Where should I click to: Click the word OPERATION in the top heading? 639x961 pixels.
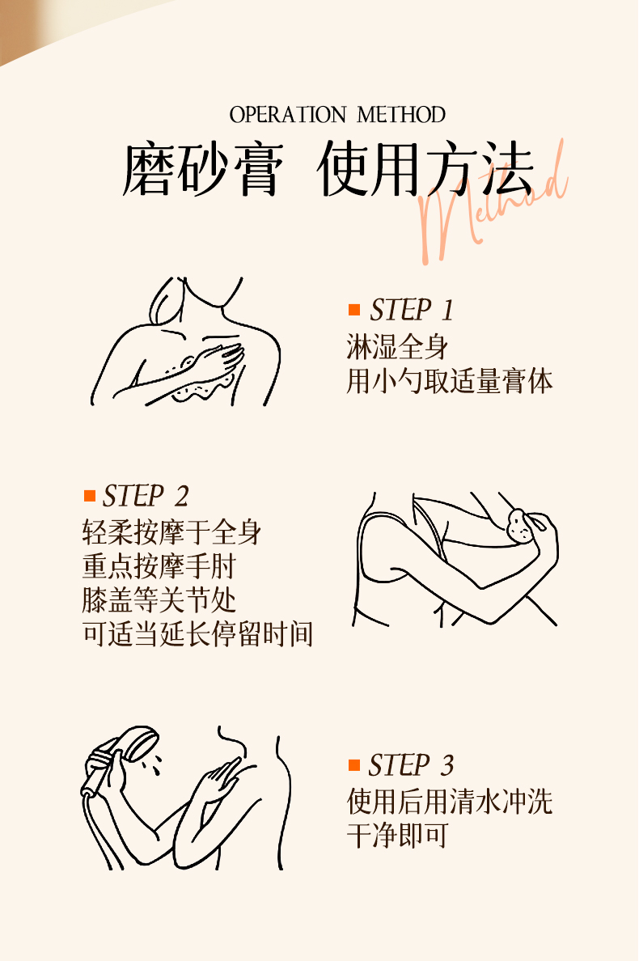tap(288, 115)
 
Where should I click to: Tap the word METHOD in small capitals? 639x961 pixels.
tap(401, 115)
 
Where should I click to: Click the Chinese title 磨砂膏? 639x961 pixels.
tap(203, 170)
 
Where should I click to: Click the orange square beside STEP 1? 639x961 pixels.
tap(354, 310)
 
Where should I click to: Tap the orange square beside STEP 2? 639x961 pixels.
tap(90, 495)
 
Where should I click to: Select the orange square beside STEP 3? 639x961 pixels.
tap(354, 765)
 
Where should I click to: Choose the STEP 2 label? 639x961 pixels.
tap(146, 496)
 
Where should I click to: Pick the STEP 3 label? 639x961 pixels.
tap(411, 765)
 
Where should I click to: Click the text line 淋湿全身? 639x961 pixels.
tap(398, 347)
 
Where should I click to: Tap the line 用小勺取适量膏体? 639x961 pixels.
tap(450, 381)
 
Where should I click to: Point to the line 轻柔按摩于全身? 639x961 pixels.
tap(172, 532)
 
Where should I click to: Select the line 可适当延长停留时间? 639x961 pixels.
tap(198, 634)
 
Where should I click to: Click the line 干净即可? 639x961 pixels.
tap(398, 836)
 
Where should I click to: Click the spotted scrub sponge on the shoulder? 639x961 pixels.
tap(521, 526)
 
